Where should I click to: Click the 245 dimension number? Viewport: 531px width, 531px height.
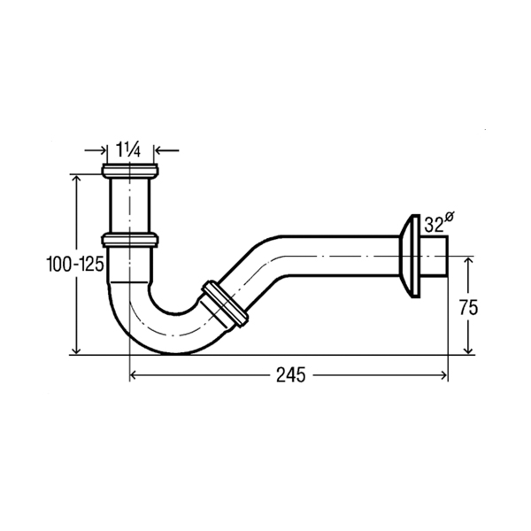tap(290, 375)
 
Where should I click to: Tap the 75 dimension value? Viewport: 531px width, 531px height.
tap(468, 308)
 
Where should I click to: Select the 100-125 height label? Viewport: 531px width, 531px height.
tap(75, 264)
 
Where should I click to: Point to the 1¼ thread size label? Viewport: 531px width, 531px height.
tap(127, 150)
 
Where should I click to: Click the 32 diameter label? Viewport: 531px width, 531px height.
tap(434, 224)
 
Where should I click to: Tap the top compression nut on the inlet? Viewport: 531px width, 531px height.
tap(130, 171)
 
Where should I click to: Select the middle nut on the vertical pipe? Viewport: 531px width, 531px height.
tap(130, 240)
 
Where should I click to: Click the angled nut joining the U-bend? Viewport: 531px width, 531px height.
tap(225, 304)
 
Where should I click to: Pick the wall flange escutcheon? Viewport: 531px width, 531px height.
tap(410, 257)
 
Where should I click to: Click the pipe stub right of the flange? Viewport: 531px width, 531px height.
tap(435, 257)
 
